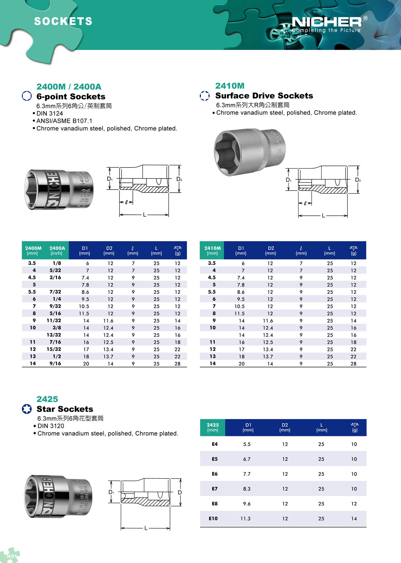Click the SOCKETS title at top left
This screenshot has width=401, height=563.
click(x=63, y=21)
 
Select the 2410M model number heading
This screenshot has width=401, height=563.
click(x=230, y=86)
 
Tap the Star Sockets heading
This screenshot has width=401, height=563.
click(x=65, y=409)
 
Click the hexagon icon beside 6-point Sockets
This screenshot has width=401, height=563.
click(x=27, y=96)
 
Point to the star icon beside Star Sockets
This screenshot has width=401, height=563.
click(x=27, y=409)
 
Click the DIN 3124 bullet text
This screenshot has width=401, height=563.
click(x=50, y=113)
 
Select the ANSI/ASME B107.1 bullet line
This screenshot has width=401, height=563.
click(x=64, y=121)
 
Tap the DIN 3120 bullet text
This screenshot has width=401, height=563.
click(x=51, y=426)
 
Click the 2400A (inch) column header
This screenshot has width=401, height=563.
click(x=57, y=250)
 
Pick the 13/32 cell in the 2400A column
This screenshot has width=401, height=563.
click(x=54, y=335)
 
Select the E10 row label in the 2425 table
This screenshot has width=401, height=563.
click(x=213, y=519)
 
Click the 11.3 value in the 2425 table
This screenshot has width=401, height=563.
click(x=245, y=519)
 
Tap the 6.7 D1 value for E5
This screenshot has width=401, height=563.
click(x=247, y=459)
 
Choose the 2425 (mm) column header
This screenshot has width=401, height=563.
click(x=213, y=427)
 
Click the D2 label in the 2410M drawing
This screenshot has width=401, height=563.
click(x=358, y=180)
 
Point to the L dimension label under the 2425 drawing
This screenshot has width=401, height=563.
click(x=146, y=528)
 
